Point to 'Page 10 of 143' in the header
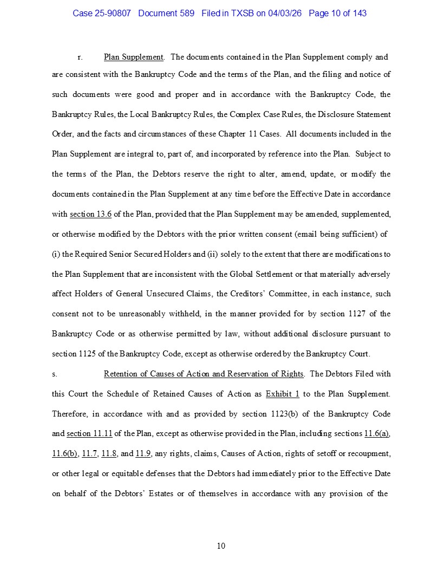click(337, 13)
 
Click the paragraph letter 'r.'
click(80, 57)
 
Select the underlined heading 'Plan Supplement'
click(133, 57)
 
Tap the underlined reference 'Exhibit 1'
click(282, 394)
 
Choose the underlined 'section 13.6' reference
click(90, 214)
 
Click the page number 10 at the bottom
click(221, 545)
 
